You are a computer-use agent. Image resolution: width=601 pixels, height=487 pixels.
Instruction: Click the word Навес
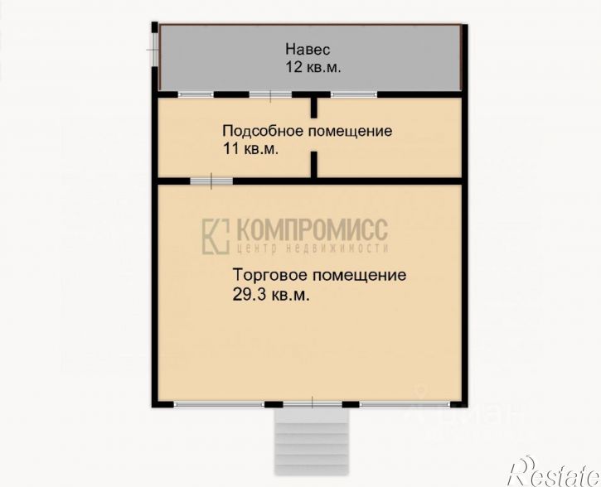click(308, 50)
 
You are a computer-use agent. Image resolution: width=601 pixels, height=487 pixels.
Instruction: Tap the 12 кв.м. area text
click(313, 68)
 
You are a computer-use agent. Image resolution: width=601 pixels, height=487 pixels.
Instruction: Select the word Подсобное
click(264, 131)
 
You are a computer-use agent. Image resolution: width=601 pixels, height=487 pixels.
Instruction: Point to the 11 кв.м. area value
click(250, 148)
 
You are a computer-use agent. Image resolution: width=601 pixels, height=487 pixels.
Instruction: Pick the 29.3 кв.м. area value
click(270, 295)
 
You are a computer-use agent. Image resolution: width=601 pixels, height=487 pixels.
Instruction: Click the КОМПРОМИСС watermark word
click(312, 229)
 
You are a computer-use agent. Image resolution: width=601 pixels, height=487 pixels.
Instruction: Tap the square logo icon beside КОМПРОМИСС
click(216, 236)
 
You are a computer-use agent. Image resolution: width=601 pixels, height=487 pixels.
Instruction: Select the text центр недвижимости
click(313, 248)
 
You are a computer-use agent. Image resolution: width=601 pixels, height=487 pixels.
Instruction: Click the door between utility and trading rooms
click(211, 181)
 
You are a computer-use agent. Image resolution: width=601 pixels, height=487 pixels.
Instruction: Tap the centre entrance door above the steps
click(313, 404)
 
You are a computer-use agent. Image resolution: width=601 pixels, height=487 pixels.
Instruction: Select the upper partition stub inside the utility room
click(314, 108)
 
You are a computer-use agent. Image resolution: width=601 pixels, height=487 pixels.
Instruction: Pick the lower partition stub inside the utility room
click(314, 165)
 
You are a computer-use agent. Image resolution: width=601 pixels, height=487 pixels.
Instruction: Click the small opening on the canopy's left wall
click(154, 50)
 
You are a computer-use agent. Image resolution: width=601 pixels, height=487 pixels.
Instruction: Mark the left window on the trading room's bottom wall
click(219, 404)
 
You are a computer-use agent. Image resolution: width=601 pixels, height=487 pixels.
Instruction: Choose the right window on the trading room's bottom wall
click(405, 404)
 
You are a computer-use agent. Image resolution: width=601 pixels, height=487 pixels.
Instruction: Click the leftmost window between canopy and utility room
click(196, 94)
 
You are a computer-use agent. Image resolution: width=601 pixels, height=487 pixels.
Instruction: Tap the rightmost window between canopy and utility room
click(354, 94)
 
